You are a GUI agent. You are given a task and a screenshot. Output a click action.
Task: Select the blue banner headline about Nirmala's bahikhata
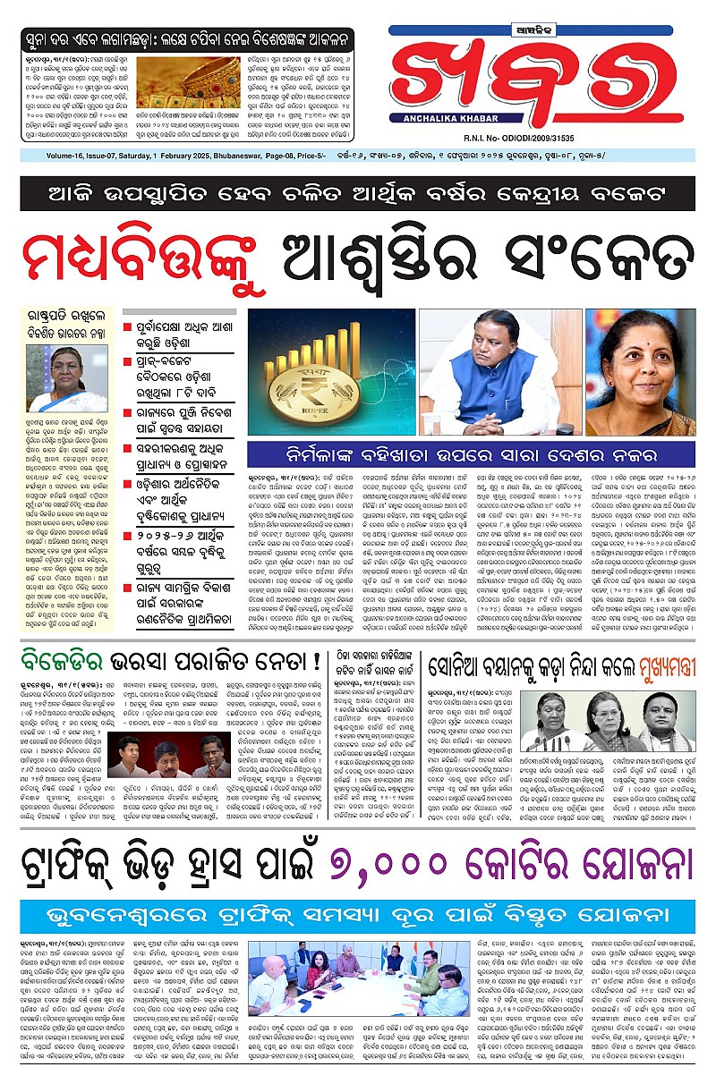472,453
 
